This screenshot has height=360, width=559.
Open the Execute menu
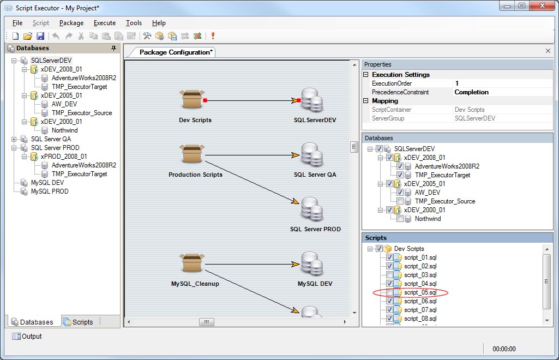(105, 23)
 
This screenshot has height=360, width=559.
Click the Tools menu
(134, 23)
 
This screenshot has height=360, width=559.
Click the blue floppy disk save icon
(40, 36)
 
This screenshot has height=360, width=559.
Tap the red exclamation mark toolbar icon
(213, 35)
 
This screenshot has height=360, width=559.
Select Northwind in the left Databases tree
(64, 130)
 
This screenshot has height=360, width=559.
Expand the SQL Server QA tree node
(14, 139)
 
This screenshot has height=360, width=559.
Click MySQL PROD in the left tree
(50, 191)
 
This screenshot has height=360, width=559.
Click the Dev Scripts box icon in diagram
(192, 99)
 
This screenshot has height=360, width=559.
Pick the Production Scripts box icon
(192, 154)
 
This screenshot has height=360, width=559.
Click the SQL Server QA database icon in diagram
(312, 154)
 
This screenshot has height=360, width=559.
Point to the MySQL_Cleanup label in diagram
(195, 284)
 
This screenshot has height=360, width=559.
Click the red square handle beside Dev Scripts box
(205, 100)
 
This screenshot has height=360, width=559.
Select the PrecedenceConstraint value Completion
(471, 92)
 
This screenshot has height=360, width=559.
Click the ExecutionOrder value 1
(456, 83)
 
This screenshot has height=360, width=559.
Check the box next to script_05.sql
(389, 292)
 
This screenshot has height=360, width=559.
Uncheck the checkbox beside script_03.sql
(389, 275)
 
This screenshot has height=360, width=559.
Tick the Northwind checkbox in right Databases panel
(400, 219)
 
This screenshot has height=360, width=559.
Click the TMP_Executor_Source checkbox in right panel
(400, 201)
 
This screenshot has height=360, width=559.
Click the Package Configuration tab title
(176, 52)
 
